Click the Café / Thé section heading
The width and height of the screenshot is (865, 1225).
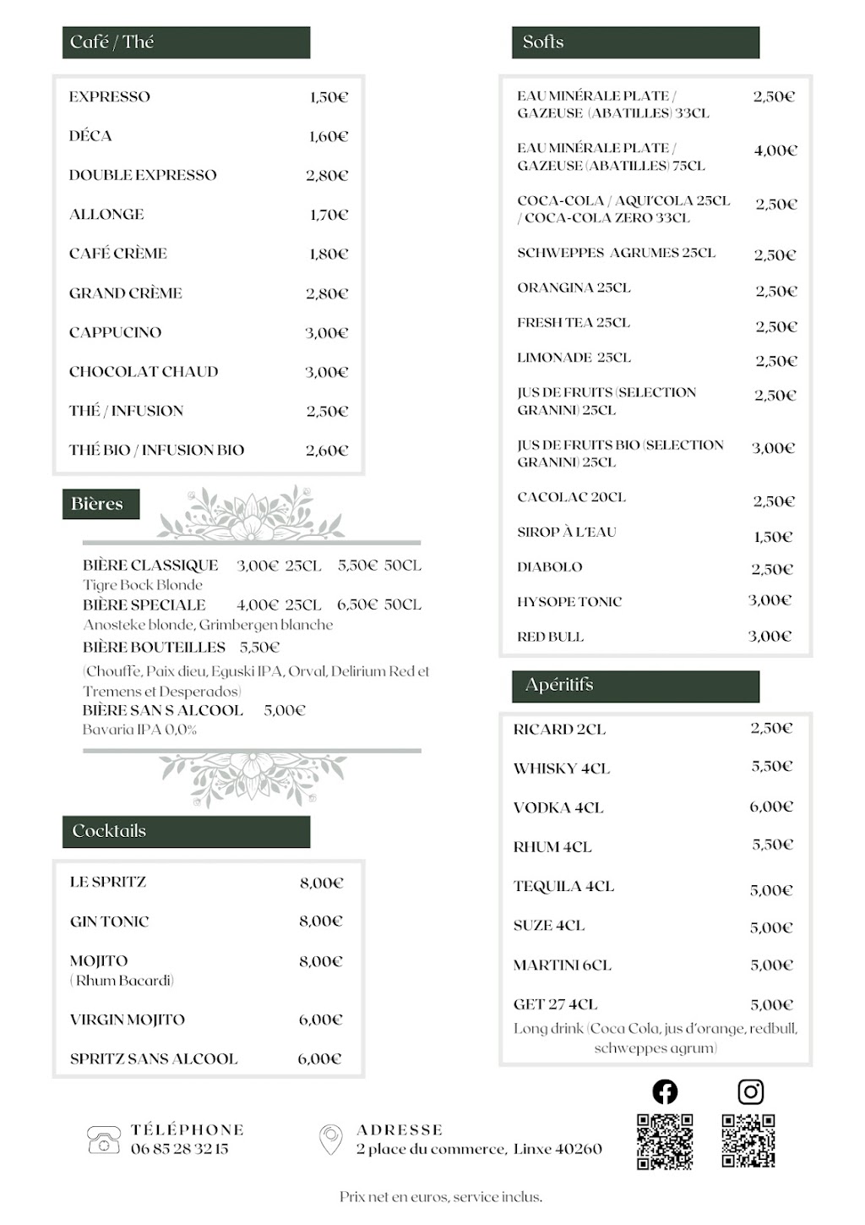[112, 42]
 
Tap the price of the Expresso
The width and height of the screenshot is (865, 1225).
[329, 97]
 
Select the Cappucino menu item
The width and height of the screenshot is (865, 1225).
[115, 332]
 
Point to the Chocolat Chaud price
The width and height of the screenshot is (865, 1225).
[326, 372]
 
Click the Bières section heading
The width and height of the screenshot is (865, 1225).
[97, 504]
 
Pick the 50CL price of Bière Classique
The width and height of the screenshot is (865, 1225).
[379, 566]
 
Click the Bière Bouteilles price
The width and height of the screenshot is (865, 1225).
[259, 648]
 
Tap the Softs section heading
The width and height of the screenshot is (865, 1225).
[543, 42]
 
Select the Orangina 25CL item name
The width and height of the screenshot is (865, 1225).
[574, 287]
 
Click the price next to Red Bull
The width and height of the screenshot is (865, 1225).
[770, 636]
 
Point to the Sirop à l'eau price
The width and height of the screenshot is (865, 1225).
[773, 537]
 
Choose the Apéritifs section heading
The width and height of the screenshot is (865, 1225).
[559, 685]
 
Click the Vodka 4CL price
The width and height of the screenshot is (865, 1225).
[771, 807]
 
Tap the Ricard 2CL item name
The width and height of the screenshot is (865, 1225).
[559, 729]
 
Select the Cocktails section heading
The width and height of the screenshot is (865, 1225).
[109, 831]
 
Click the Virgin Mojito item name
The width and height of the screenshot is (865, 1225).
[128, 1020]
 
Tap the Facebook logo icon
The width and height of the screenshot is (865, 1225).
[665, 1091]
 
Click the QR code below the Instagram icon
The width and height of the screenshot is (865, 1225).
[748, 1140]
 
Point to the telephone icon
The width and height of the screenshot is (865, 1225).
[103, 1140]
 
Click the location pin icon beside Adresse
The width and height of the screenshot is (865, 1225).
[330, 1139]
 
